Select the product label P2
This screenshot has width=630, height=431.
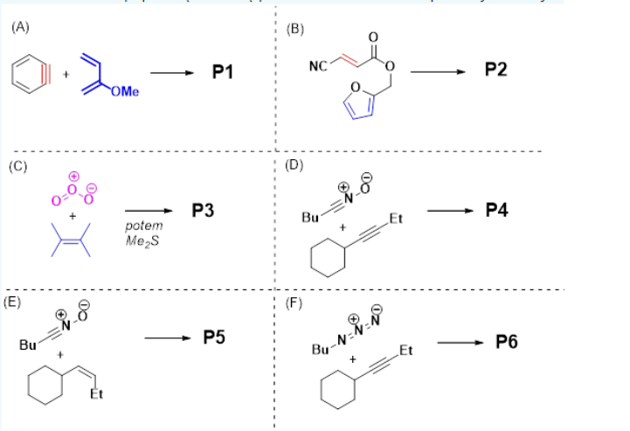pyautogui.click(x=495, y=70)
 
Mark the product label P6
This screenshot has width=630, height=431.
pyautogui.click(x=506, y=342)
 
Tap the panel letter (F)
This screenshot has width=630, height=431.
pyautogui.click(x=294, y=303)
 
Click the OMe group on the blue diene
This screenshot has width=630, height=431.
pyautogui.click(x=125, y=94)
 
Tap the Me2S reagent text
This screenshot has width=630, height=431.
pyautogui.click(x=138, y=240)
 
